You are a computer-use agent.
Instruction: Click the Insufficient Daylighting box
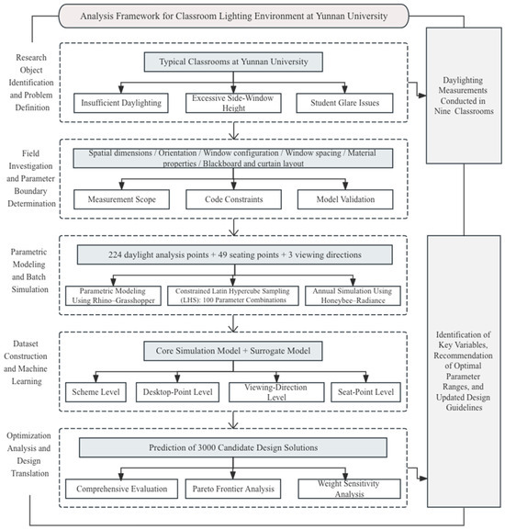[x=121, y=103]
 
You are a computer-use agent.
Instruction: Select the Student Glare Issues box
[x=344, y=103]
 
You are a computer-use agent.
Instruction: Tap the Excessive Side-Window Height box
[x=233, y=103]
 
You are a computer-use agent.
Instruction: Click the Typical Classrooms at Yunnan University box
[x=233, y=62]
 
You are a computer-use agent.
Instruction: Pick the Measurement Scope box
[x=121, y=199]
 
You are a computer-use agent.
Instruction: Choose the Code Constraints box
[x=233, y=199]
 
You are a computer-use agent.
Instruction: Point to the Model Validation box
[x=345, y=199]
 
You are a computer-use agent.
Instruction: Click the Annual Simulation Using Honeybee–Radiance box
[x=353, y=296]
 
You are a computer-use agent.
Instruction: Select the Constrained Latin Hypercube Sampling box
[x=233, y=296]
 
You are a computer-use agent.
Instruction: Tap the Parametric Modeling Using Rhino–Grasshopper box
[x=113, y=296]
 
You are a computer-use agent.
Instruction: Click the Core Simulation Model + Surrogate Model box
[x=233, y=351]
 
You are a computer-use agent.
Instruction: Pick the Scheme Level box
[x=95, y=392]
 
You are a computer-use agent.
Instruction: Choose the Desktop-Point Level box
[x=177, y=392]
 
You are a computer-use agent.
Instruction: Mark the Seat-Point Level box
[x=365, y=392]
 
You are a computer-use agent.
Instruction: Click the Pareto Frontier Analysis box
[x=233, y=489]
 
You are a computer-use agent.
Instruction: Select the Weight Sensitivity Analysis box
[x=349, y=489]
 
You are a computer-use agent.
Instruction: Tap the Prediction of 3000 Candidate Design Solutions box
[x=233, y=447]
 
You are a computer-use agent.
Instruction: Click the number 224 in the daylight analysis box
[x=115, y=254]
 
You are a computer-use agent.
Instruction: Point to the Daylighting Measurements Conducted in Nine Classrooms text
[x=464, y=96]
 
